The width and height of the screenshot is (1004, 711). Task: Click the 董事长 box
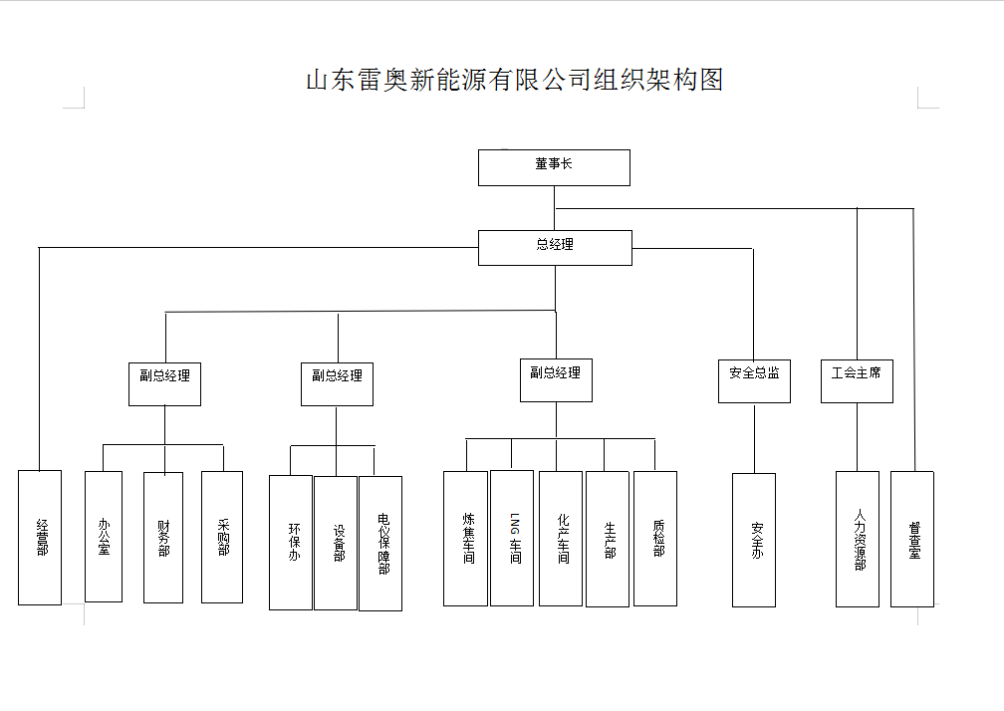pos(554,167)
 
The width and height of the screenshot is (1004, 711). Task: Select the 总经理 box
pos(555,247)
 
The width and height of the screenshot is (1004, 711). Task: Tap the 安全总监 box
pos(754,380)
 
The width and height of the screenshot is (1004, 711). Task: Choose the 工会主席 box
pos(857,380)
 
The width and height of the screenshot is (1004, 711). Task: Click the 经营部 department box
pos(40,538)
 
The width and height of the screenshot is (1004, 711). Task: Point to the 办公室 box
pos(104,537)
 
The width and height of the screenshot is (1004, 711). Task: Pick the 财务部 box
pos(163,538)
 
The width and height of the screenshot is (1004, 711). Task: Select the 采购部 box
pos(222,538)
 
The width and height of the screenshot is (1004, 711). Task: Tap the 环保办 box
pos(291,543)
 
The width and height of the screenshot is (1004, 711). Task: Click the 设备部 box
pos(336,543)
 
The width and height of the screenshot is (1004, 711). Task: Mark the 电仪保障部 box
pos(380,544)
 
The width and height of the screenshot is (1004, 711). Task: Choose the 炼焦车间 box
pos(465,539)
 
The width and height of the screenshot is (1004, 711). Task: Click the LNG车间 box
pos(512,539)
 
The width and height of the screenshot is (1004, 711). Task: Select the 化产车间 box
pos(561,539)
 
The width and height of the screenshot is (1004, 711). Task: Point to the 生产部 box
pos(608,539)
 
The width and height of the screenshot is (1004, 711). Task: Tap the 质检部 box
pos(655,539)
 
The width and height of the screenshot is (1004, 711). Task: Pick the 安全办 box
pos(754,540)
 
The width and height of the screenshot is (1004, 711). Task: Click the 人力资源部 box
pos(858,539)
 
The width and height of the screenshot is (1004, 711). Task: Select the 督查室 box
pos(912,539)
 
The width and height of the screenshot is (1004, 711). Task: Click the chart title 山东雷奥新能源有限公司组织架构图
pos(514,81)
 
